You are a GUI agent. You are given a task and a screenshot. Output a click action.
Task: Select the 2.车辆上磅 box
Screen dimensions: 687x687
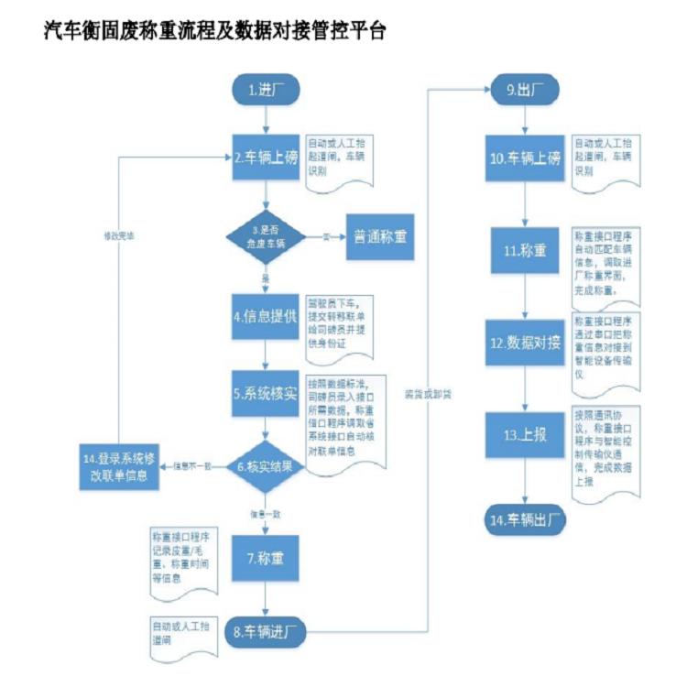pyautogui.click(x=266, y=158)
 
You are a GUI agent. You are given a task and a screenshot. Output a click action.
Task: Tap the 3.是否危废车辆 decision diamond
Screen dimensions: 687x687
pyautogui.click(x=266, y=235)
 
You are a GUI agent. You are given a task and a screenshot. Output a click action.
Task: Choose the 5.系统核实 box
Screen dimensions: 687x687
pyautogui.click(x=266, y=395)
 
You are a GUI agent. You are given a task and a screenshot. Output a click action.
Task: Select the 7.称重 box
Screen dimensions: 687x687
pyautogui.click(x=266, y=556)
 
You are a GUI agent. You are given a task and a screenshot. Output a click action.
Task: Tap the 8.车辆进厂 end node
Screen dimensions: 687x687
pyautogui.click(x=266, y=632)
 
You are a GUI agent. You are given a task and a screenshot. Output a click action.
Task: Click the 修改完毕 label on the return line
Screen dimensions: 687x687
pyautogui.click(x=118, y=235)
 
